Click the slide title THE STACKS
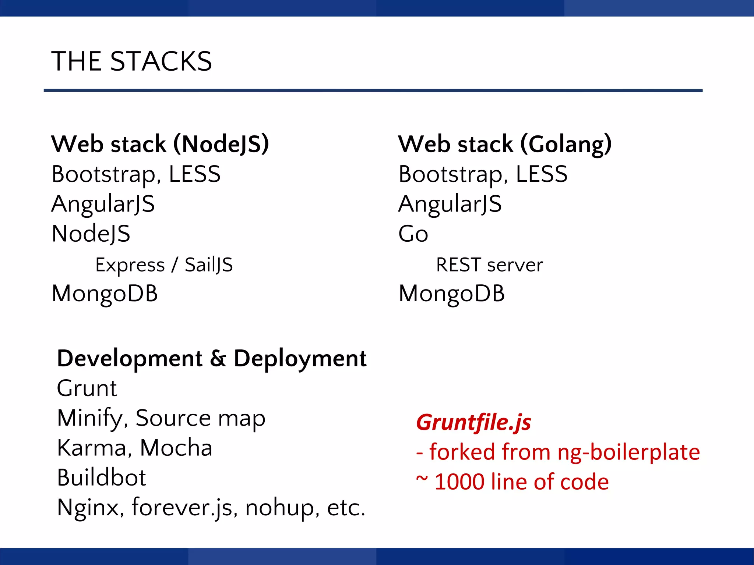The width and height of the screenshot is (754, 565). [x=131, y=61]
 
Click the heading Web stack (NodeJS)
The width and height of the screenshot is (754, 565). [x=160, y=144]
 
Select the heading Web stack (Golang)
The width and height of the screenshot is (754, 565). [x=505, y=144]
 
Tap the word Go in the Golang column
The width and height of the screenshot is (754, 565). [x=413, y=234]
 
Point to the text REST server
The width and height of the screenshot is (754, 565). [x=489, y=265]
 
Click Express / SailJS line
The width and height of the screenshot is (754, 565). [x=164, y=265]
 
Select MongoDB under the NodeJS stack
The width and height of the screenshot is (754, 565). [x=105, y=294]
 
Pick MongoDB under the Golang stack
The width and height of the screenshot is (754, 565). [x=452, y=294]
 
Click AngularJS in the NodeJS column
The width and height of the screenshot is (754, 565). [x=103, y=204]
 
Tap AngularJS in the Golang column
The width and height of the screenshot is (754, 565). [x=450, y=204]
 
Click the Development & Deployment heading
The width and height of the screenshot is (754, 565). [x=212, y=358]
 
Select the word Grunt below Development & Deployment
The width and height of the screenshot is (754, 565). [x=87, y=388]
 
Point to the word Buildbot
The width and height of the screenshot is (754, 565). [x=102, y=477]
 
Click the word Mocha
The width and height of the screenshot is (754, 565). [x=176, y=448]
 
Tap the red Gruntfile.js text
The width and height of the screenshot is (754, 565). [x=473, y=422]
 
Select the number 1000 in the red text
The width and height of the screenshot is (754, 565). [x=459, y=482]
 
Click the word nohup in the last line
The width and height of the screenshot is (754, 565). [x=279, y=508]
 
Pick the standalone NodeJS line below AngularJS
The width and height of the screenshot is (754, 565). [x=91, y=234]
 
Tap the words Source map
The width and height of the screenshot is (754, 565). [x=200, y=418]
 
